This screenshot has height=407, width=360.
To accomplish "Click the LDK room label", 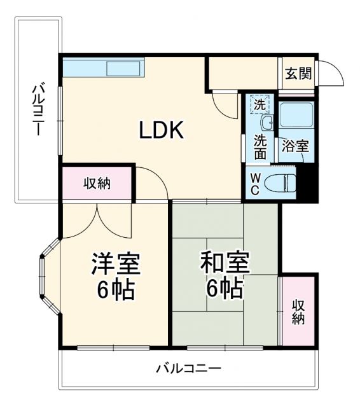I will click(x=162, y=130).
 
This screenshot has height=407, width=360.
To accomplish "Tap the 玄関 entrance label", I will click(x=298, y=73).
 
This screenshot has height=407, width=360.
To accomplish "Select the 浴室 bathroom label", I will click(x=296, y=146).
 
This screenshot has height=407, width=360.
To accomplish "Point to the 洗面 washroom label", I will click(x=261, y=148).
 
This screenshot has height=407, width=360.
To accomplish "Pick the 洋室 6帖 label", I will click(x=115, y=277).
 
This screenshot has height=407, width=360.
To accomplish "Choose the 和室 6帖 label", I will click(x=224, y=277).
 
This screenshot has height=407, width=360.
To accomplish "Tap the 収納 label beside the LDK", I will click(x=97, y=184).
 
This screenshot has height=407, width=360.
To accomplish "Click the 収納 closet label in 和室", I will click(x=298, y=311).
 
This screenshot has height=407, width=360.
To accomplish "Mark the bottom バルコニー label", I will click(x=188, y=368).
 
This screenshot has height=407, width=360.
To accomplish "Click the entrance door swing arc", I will click(x=331, y=74).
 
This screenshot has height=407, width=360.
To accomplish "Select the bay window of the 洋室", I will click(x=45, y=276).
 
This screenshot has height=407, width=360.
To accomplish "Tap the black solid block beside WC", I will click(x=308, y=183).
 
